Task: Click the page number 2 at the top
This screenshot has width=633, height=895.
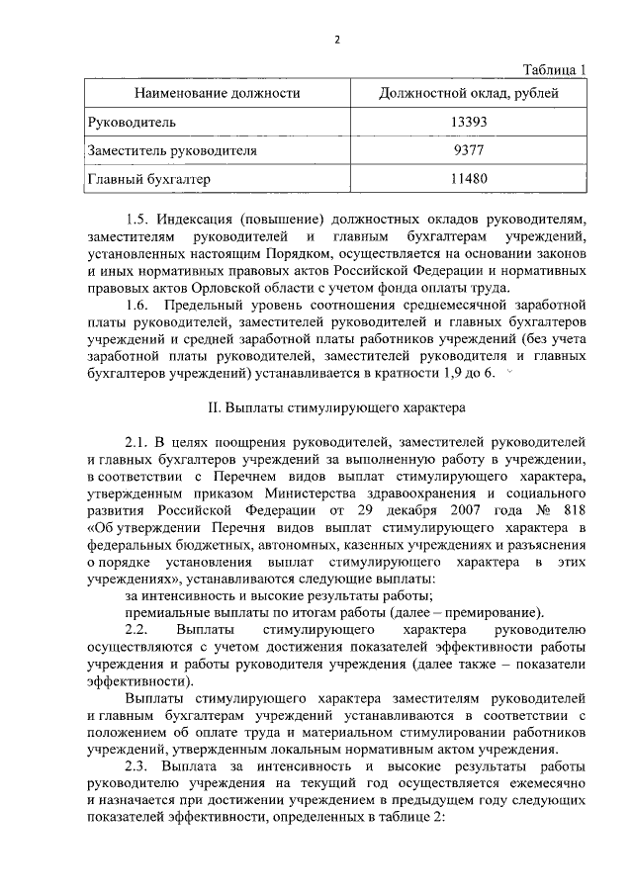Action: point(336,41)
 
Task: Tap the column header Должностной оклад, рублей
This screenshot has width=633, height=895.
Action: point(468,94)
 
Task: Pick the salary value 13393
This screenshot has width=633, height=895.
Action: point(467,123)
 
